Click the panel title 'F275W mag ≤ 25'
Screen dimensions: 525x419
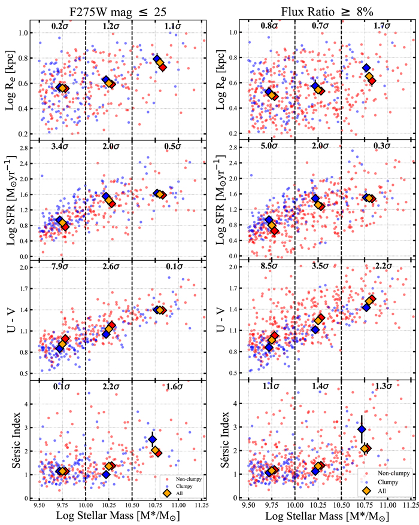[108, 8]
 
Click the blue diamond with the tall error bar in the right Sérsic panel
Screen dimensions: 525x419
[362, 429]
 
